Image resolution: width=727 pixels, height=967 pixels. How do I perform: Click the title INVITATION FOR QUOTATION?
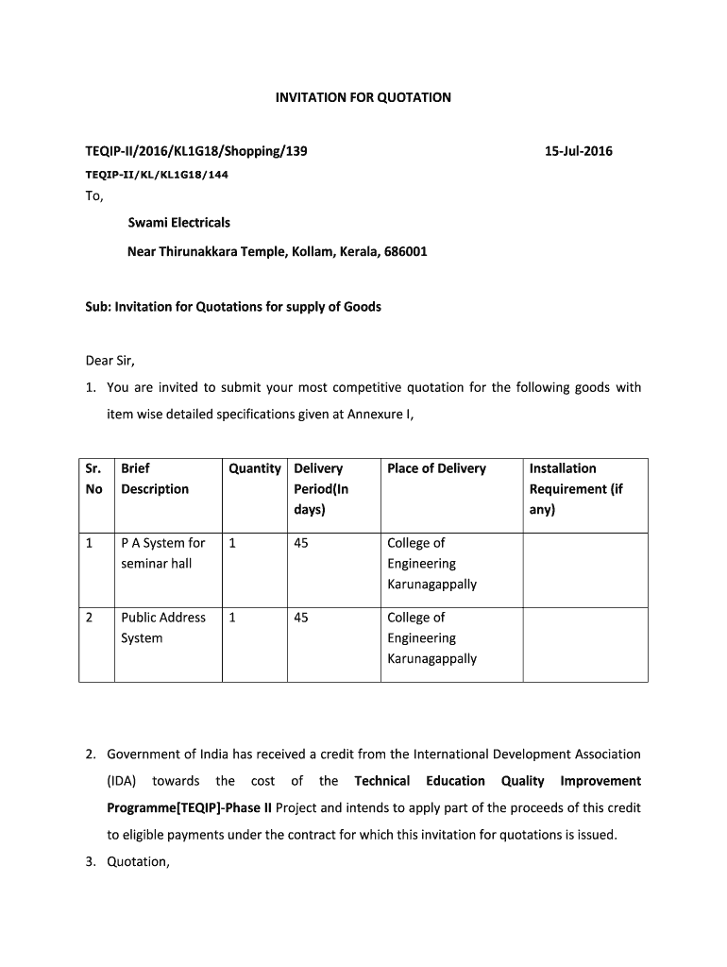coord(363,97)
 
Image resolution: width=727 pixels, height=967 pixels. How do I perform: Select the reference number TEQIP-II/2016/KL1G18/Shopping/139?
coord(196,150)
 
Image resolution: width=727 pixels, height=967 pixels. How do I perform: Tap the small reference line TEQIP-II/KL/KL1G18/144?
coord(157,175)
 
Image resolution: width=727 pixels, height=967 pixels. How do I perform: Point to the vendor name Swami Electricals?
coord(178,223)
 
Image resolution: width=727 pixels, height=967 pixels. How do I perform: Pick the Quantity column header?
coord(255,468)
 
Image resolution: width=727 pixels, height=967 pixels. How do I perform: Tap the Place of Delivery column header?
coord(436,468)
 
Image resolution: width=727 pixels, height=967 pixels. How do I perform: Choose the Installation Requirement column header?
coord(576,488)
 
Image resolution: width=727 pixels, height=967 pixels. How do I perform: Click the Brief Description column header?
coord(155,479)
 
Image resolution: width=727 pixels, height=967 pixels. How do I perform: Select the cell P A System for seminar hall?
coord(162,553)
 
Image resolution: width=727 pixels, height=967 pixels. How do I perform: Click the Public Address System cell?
coord(162,628)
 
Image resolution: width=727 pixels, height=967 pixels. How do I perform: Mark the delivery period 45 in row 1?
coord(302,543)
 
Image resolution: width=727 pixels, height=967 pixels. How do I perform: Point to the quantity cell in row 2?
coord(232,618)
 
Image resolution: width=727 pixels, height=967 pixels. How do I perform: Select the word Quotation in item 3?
coord(138,860)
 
